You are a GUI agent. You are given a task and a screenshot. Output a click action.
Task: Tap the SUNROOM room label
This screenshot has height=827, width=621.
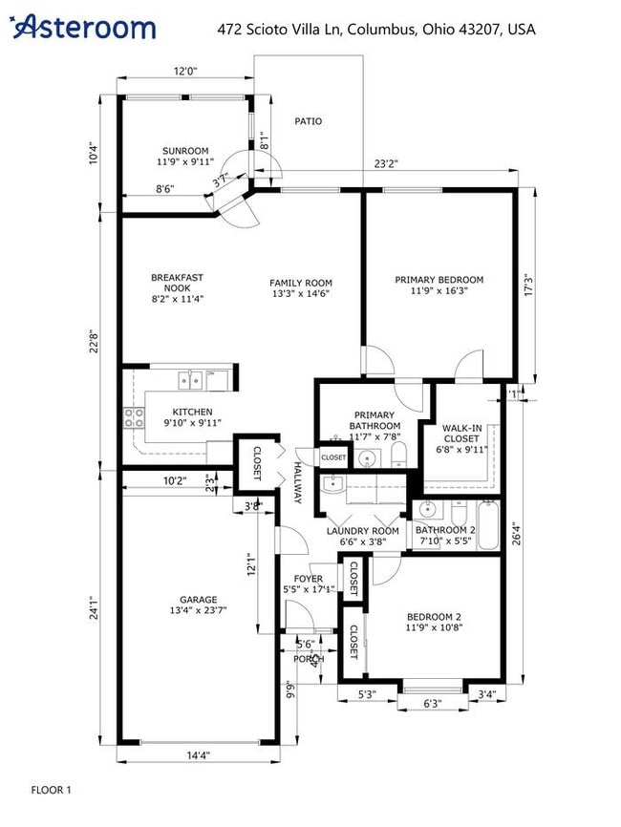[184, 151]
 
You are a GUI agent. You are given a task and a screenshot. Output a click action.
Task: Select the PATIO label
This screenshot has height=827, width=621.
[308, 121]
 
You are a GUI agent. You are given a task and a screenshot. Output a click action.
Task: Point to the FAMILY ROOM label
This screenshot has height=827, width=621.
[300, 283]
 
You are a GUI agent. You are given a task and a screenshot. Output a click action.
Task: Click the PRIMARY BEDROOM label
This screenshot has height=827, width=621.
[439, 280]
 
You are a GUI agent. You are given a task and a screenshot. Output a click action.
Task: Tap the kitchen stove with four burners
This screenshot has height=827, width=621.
[132, 416]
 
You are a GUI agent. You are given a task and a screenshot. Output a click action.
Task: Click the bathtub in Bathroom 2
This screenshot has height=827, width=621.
[488, 525]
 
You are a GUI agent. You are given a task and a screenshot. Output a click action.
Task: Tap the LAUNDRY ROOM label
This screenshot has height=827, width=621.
[362, 531]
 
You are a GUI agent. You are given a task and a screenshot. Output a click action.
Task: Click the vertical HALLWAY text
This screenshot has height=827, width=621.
[297, 483]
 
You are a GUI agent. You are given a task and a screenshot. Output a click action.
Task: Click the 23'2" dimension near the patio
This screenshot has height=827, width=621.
[385, 164]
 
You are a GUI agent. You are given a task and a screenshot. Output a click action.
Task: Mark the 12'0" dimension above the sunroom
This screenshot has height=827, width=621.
[184, 72]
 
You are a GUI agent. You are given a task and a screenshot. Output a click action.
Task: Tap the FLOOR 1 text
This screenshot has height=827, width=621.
[51, 790]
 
